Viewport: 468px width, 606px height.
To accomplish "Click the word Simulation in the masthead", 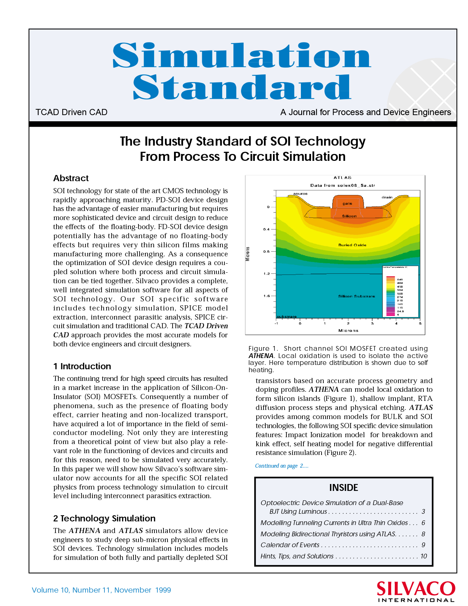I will click(241, 55).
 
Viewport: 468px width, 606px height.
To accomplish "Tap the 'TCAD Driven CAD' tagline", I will click(71, 112).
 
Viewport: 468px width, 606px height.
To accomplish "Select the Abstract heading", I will click(71, 178).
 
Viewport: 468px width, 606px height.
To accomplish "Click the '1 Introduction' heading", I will click(82, 366).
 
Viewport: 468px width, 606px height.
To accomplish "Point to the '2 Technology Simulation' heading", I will click(104, 518).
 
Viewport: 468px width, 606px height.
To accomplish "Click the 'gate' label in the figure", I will click(347, 204).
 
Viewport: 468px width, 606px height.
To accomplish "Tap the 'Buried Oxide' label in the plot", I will click(352, 245).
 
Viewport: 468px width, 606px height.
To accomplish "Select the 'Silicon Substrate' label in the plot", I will click(356, 296).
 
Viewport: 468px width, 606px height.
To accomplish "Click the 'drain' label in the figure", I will click(387, 197).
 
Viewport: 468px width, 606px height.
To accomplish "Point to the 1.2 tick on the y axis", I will click(267, 274).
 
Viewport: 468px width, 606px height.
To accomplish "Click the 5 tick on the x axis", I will click(420, 324).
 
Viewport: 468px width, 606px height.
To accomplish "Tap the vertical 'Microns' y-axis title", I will click(248, 254).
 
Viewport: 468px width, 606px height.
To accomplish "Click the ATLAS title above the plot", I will click(343, 178).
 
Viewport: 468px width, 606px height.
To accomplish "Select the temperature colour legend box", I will click(400, 292).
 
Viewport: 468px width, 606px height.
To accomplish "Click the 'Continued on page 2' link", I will click(282, 466).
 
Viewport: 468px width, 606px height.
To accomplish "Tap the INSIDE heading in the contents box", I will click(343, 488).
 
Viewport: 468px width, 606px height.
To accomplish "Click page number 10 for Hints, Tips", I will click(423, 556).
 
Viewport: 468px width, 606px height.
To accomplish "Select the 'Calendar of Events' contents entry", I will click(290, 545).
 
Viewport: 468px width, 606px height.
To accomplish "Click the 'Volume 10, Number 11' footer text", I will click(101, 590).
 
